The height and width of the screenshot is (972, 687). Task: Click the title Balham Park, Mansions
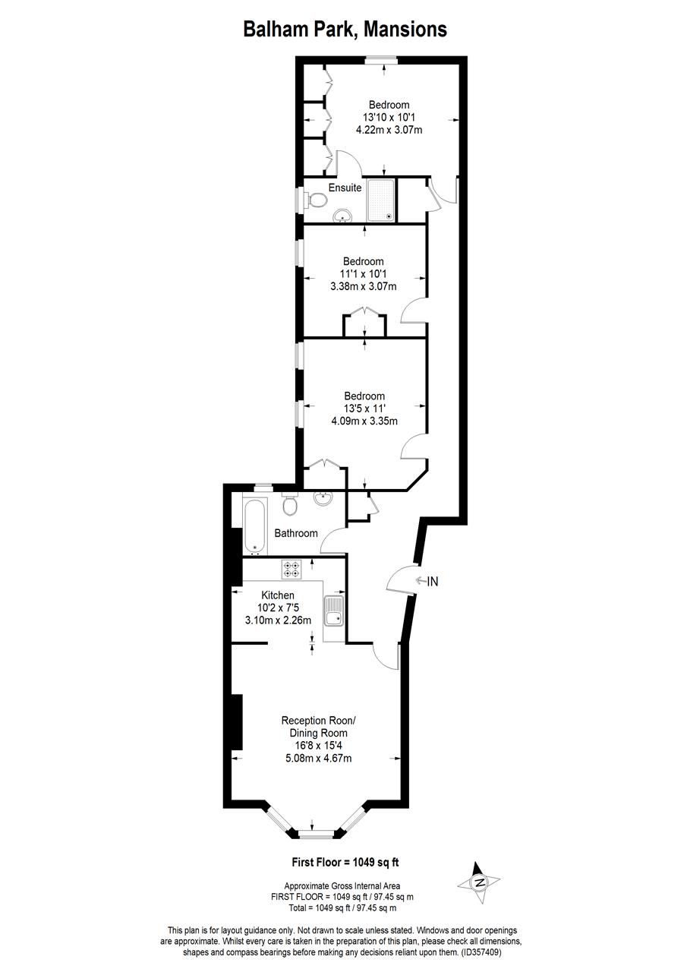click(x=344, y=29)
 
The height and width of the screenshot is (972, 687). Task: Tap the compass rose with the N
click(x=479, y=882)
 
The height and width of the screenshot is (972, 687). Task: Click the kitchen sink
click(x=333, y=611)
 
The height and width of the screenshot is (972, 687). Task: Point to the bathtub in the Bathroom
click(x=254, y=525)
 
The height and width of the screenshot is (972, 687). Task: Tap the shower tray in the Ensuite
click(x=382, y=200)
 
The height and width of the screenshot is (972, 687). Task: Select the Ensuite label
click(x=345, y=188)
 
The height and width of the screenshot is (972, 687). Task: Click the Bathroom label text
click(x=296, y=533)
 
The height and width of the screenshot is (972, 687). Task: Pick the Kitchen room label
click(x=278, y=595)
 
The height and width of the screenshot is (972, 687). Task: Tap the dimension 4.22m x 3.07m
click(x=389, y=130)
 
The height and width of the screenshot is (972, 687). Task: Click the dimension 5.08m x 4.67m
click(x=317, y=758)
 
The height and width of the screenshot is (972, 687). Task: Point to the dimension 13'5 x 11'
click(x=364, y=409)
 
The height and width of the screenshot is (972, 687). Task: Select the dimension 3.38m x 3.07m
click(x=364, y=286)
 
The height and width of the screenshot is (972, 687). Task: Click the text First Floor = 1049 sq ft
click(x=345, y=862)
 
